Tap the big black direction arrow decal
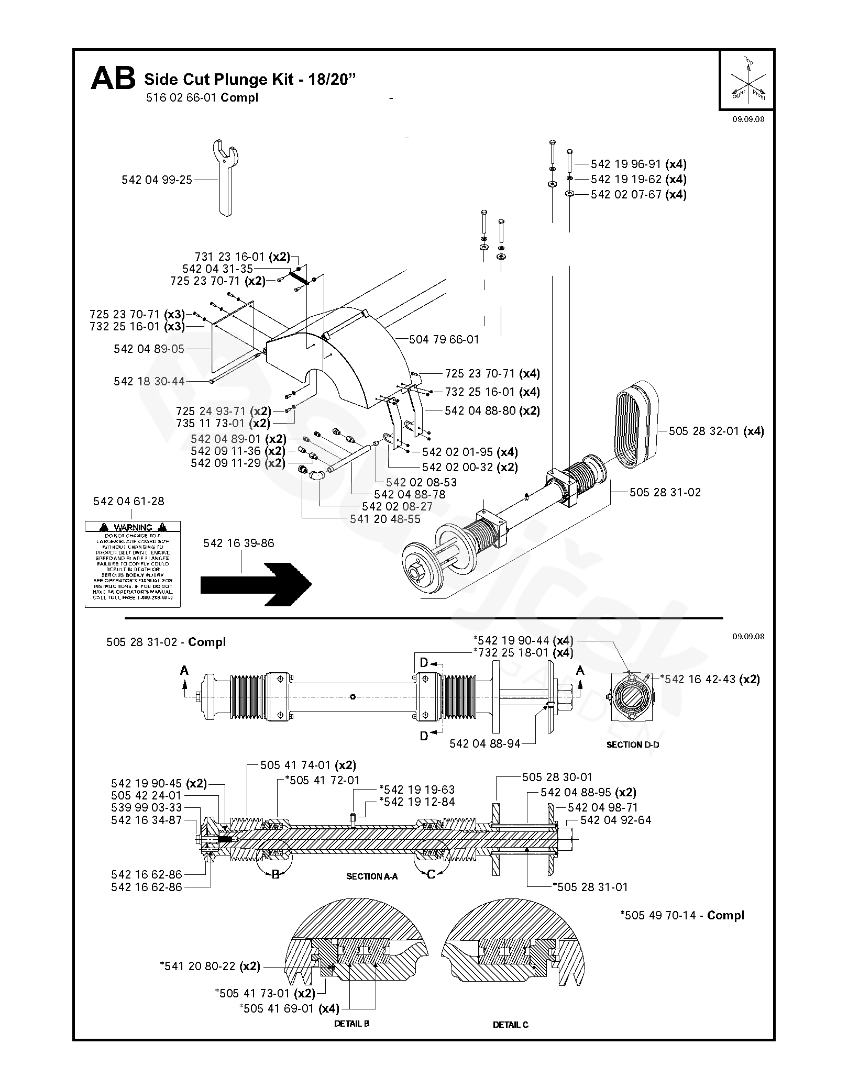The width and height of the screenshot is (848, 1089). point(256,584)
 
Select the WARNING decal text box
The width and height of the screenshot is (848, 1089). point(133,564)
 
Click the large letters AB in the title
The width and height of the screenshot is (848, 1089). point(113,79)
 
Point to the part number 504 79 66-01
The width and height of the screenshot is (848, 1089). point(444,339)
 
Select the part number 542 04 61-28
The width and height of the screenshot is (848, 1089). point(128,501)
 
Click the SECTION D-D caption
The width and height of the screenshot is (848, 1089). point(632,744)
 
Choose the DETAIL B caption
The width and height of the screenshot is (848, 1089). point(351,1038)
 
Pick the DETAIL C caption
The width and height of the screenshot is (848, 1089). point(511,1039)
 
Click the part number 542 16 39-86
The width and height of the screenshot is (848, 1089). point(238,543)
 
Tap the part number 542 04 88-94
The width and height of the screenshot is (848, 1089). point(484,743)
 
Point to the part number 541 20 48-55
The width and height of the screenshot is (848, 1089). point(385,519)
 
